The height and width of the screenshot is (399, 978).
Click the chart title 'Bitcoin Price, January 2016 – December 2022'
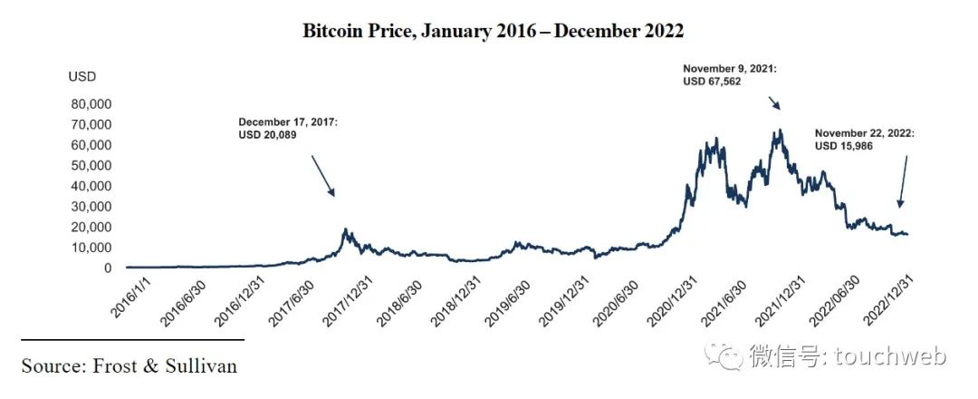click(x=493, y=31)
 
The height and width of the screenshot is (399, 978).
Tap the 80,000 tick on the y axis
click(x=91, y=103)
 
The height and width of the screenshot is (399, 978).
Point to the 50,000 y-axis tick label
click(x=91, y=165)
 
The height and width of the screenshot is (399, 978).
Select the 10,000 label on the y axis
click(x=91, y=248)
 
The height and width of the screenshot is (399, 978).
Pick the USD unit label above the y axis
click(x=81, y=76)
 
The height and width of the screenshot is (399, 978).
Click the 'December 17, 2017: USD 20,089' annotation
click(x=287, y=128)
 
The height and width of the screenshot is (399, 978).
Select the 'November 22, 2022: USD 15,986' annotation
click(x=865, y=139)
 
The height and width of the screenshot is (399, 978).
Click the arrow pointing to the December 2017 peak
click(x=323, y=176)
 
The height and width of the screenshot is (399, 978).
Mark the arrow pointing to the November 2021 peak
click(x=772, y=102)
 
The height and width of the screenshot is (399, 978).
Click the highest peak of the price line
click(x=778, y=130)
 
